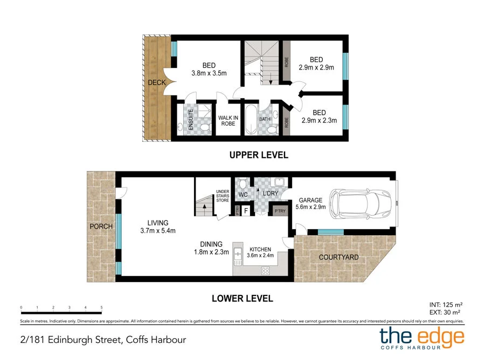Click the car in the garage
(x=359, y=205)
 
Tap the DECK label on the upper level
(x=157, y=83)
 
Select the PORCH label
(x=101, y=226)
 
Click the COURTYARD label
(x=338, y=257)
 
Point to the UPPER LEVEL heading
(x=259, y=155)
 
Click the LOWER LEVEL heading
(x=242, y=298)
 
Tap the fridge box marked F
(x=246, y=211)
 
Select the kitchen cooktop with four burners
(x=266, y=270)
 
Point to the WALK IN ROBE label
(x=227, y=120)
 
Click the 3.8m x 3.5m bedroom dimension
(x=209, y=73)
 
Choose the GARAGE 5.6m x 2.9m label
(x=311, y=203)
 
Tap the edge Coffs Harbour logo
(x=421, y=338)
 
